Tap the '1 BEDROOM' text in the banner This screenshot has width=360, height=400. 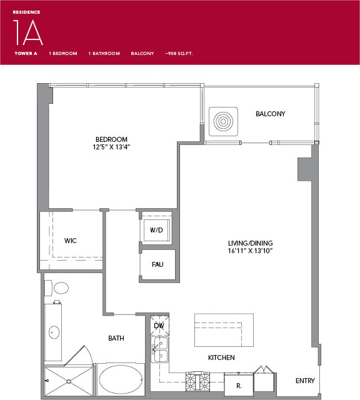tap(62, 54)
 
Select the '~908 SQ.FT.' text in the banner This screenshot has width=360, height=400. tap(179, 54)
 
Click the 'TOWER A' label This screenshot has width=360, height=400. tap(26, 54)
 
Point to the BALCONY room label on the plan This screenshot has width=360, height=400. tap(270, 114)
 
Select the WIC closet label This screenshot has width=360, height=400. tap(71, 241)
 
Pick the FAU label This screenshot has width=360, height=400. tap(157, 264)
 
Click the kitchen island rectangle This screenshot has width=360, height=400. tap(223, 329)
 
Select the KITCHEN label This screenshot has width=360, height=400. tap(221, 357)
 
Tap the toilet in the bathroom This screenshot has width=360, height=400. tap(60, 288)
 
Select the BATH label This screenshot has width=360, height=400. tap(116, 338)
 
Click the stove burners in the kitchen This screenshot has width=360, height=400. tap(197, 381)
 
